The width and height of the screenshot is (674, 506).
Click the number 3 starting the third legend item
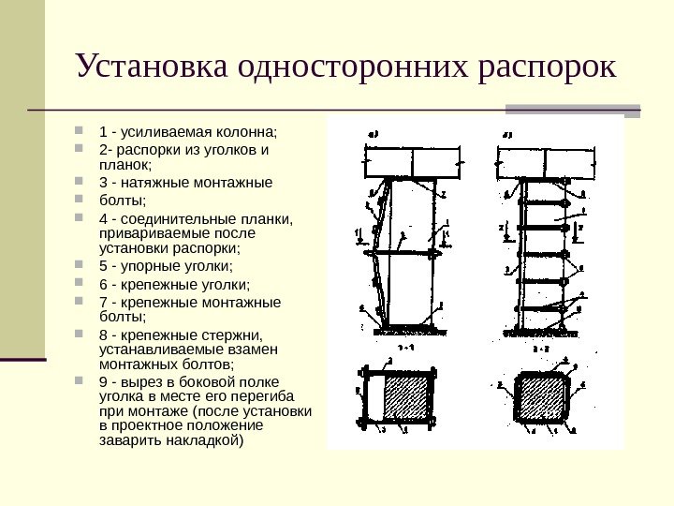coord(102,182)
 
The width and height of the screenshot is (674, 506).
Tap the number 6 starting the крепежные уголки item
coord(102,284)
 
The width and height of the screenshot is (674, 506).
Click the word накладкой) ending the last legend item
coord(202,439)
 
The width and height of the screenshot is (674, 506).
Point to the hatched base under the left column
coord(409,326)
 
